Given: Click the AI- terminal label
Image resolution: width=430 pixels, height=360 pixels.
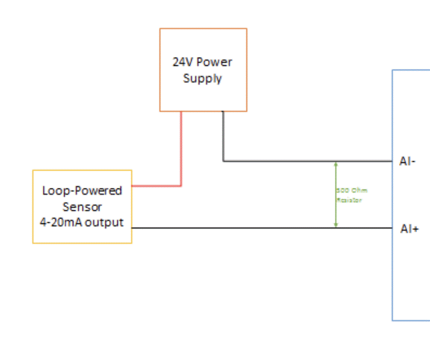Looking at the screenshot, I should pyautogui.click(x=408, y=161).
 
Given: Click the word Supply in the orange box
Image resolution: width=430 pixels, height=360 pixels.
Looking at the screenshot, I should pyautogui.click(x=203, y=78).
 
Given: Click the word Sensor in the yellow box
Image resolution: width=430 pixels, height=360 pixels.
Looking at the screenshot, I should pyautogui.click(x=82, y=207).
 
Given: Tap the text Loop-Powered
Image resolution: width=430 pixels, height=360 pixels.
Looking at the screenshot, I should pyautogui.click(x=82, y=191).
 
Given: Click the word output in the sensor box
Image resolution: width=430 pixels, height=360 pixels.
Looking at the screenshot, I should pyautogui.click(x=104, y=222).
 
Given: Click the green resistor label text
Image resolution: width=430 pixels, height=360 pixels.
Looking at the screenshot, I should pyautogui.click(x=352, y=195).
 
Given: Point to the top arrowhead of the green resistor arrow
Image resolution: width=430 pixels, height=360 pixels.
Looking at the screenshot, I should pyautogui.click(x=336, y=164).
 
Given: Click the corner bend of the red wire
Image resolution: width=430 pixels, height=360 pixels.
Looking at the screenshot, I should pyautogui.click(x=181, y=186).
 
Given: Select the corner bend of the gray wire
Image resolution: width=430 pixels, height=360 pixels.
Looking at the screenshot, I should pyautogui.click(x=223, y=161).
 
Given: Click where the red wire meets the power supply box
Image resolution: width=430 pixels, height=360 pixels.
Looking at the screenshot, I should pyautogui.click(x=181, y=111).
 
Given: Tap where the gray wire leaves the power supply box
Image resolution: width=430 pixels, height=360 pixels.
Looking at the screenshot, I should pyautogui.click(x=223, y=111).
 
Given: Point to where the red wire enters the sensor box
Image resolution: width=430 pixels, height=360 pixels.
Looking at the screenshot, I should pyautogui.click(x=132, y=186).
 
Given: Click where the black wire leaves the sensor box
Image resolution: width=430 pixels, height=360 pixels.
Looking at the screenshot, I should pyautogui.click(x=132, y=228).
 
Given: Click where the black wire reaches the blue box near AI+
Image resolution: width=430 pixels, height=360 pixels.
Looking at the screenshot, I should pyautogui.click(x=392, y=228).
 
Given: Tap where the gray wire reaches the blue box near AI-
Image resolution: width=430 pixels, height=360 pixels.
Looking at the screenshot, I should pyautogui.click(x=392, y=161).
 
